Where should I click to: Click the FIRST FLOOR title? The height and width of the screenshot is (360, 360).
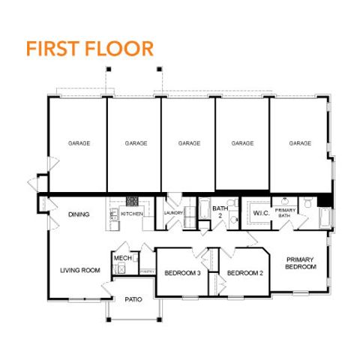coord(89,49)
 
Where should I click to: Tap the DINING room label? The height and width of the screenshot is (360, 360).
coord(79,214)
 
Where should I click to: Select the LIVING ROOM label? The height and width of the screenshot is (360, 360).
coord(80,270)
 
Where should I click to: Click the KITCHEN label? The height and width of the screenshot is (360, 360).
coord(132,214)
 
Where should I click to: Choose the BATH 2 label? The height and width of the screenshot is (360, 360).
coord(220,212)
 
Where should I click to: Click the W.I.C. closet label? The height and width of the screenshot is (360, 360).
coord(261,213)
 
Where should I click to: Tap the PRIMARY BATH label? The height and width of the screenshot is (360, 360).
coord(285,213)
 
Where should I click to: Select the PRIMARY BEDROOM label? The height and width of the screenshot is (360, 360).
coord(299,263)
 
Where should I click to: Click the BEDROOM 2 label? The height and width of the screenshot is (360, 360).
coord(244,272)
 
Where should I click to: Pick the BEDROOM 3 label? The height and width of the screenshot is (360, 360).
coord(182,272)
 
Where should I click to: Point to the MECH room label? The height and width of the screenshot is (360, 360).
coord(122,258)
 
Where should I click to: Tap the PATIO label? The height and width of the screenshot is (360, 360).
coord(133,299)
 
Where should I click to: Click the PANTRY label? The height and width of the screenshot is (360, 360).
coord(146,271)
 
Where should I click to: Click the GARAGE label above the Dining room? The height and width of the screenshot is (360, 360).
coord(79,142)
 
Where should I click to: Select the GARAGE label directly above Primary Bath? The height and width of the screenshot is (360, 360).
coord(300,142)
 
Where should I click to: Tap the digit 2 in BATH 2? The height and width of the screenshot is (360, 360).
coord(220,216)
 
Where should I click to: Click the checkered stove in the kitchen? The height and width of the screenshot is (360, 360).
coord(132,201)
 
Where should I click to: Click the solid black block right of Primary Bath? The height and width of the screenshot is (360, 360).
coord(324,200)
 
